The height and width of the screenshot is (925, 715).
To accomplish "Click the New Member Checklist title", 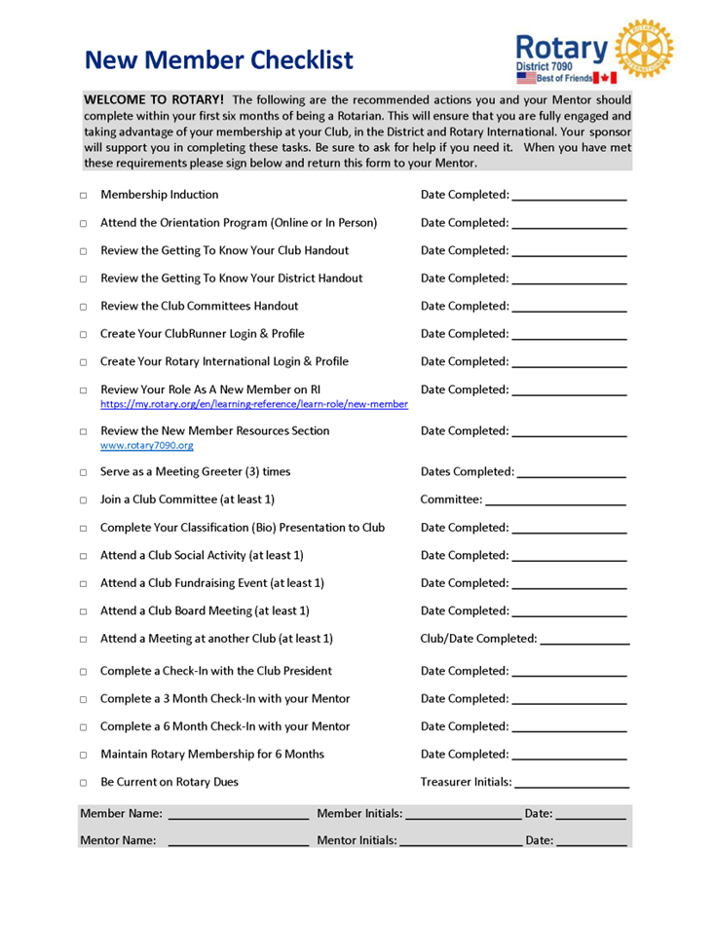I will pos(218,60).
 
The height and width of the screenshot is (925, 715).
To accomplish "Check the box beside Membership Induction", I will pos(84,196).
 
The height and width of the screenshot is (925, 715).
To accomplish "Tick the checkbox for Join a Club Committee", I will pos(84,500).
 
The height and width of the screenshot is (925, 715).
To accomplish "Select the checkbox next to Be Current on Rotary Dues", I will pos(84,782).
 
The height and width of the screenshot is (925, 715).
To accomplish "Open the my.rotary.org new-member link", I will pos(254,404).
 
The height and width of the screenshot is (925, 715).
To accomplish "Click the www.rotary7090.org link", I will pos(146,446).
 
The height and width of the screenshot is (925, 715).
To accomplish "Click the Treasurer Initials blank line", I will pos(572,785).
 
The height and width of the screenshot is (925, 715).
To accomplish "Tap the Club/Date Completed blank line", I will pos(584,643).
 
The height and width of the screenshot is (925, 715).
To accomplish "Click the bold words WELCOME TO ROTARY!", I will pos(154,99).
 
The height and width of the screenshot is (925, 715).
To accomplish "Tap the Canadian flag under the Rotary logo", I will pos(604,77).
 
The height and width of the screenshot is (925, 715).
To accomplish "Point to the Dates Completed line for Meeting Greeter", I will pos(572,475).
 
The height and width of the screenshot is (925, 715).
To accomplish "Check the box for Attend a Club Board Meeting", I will pos(84,611).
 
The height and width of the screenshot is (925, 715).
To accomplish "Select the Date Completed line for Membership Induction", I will pos(569,199).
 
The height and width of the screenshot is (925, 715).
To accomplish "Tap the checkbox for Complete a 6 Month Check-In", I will pos(84,726).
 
